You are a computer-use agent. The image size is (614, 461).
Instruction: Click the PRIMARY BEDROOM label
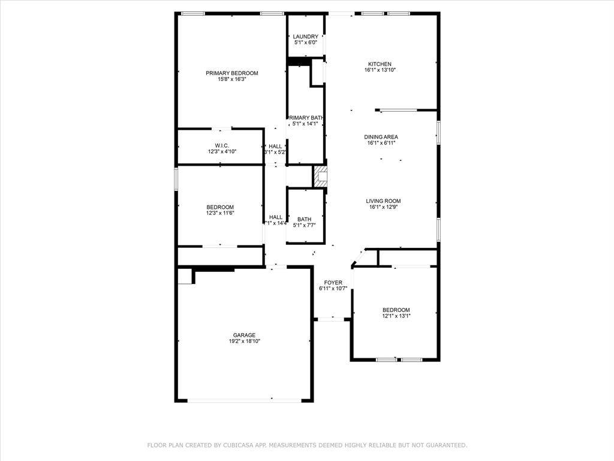(231, 73)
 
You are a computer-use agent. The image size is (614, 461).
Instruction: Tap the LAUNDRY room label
(305, 37)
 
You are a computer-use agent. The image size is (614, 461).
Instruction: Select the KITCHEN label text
(380, 64)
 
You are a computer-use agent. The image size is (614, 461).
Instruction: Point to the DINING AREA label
(381, 137)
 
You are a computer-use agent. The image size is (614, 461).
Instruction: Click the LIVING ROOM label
(383, 201)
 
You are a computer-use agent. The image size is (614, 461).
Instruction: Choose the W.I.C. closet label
(222, 146)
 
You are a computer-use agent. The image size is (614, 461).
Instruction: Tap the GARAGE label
(244, 336)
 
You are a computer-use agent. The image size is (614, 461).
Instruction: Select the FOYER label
(333, 282)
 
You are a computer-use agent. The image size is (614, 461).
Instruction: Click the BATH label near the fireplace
(304, 219)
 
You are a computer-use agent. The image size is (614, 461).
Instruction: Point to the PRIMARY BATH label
(306, 118)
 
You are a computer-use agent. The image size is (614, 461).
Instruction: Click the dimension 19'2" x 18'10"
(244, 342)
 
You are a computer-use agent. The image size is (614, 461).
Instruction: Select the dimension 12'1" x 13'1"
(396, 316)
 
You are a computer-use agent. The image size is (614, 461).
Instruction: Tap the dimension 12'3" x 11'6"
(220, 212)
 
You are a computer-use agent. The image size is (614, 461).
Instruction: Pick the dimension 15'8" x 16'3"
(231, 79)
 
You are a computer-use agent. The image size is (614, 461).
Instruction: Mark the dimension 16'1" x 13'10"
(380, 70)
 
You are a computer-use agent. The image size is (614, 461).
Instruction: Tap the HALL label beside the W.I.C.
(275, 146)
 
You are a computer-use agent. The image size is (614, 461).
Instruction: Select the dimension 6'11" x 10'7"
(333, 288)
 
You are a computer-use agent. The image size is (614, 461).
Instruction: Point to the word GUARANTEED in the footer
(445, 445)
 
